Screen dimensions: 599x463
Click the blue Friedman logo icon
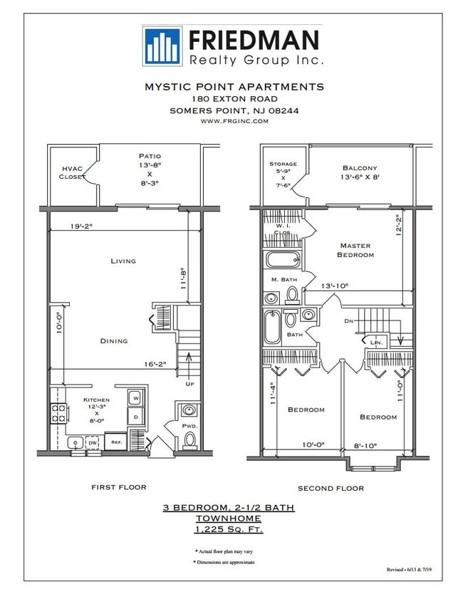click(x=161, y=46)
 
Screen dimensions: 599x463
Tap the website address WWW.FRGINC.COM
click(x=234, y=121)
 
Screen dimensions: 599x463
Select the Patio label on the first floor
click(x=150, y=155)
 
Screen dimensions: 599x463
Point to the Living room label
click(x=123, y=261)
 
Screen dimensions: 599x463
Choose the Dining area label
click(x=114, y=341)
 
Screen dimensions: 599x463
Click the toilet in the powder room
click(x=189, y=439)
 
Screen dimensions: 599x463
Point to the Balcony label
click(x=359, y=169)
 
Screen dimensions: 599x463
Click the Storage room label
click(x=283, y=164)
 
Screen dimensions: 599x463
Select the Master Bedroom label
click(x=355, y=250)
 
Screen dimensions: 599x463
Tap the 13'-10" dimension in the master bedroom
click(x=333, y=286)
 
